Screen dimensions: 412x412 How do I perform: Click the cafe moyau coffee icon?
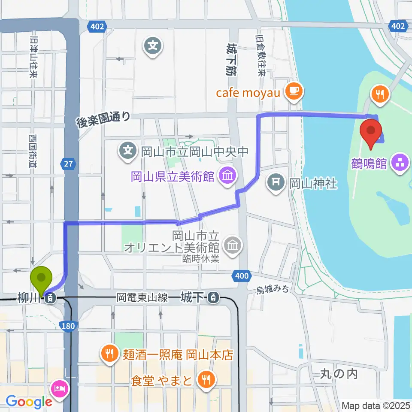click(x=295, y=91)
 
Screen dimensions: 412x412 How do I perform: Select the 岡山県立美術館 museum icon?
click(x=227, y=175)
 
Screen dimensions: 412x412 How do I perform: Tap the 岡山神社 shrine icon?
click(x=276, y=184)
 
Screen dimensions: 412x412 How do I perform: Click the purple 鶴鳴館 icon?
click(x=400, y=163)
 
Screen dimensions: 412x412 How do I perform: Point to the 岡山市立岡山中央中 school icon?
click(x=128, y=151)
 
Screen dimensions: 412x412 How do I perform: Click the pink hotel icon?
click(x=59, y=389)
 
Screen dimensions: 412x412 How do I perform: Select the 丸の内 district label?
click(x=339, y=373)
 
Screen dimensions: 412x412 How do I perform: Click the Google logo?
click(x=29, y=401)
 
